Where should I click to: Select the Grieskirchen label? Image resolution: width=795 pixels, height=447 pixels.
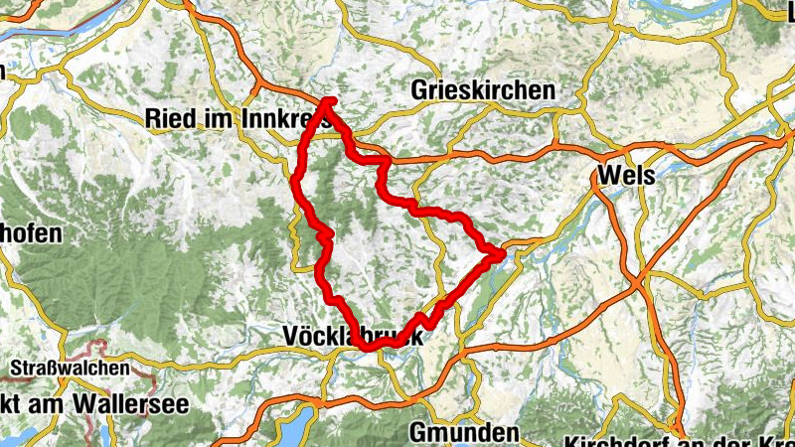(x=483, y=90)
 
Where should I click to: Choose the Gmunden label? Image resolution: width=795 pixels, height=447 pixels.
(x=464, y=433)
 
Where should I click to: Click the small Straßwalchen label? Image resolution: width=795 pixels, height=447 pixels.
(x=70, y=368)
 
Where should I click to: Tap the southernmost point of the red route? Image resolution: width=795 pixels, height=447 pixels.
(x=367, y=348)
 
